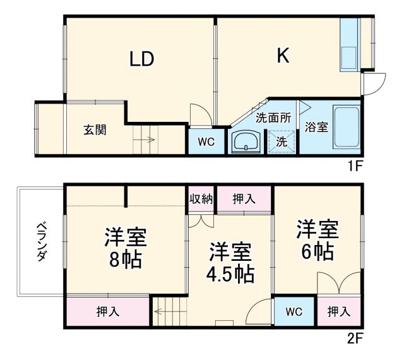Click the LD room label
[142, 59]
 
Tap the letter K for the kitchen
[282, 56]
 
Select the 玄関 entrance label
[95, 130]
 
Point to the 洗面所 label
[273, 117]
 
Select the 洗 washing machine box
[282, 142]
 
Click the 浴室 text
[316, 127]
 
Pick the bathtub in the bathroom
[345, 128]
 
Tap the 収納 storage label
[201, 199]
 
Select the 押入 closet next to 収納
[244, 199]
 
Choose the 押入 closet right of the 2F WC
[339, 312]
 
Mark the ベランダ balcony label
[41, 242]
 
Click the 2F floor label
[356, 338]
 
